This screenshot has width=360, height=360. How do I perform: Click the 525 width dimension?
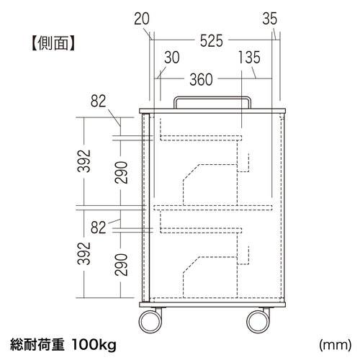(212, 41)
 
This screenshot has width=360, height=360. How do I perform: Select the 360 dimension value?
(201, 80)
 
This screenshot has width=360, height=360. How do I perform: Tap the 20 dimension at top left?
(142, 19)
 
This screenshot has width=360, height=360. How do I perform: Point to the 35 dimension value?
(270, 19)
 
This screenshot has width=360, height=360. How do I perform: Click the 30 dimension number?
(172, 58)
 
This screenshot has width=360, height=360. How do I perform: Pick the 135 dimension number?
(249, 58)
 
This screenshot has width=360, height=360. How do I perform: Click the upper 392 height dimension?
(84, 161)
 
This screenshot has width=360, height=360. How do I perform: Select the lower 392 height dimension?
(84, 253)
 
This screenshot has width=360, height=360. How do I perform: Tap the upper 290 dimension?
(121, 172)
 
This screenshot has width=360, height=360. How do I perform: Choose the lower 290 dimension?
(121, 265)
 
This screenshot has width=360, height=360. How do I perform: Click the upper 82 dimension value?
(98, 101)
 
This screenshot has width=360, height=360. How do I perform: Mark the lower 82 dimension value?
(98, 228)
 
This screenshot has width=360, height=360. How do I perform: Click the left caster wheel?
(150, 322)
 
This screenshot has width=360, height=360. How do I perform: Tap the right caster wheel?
(258, 322)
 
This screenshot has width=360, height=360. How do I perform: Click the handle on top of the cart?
(212, 98)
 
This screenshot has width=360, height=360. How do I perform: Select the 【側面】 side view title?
(53, 43)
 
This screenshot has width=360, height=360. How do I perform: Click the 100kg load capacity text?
(94, 345)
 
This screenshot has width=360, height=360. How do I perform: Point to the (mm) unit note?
(336, 345)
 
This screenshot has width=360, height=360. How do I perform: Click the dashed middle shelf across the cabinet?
(213, 208)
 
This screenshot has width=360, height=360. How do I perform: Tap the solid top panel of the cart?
(212, 111)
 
